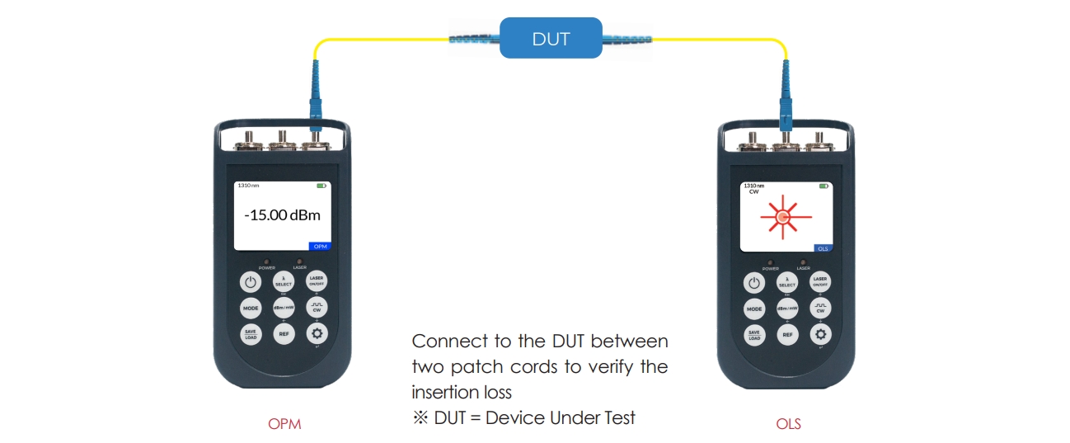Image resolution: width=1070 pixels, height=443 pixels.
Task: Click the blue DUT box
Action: [x=551, y=39]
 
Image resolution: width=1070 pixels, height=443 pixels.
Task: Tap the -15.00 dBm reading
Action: [x=282, y=215]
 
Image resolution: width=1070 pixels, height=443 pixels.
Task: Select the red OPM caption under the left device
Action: [x=284, y=425]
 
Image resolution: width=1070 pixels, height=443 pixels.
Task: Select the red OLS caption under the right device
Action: [x=788, y=425]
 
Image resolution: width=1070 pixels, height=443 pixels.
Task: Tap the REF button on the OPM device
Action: [x=284, y=335]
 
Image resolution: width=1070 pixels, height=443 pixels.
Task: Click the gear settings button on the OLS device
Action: [x=821, y=334]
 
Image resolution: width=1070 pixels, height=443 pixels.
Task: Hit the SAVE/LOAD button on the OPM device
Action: [x=250, y=335]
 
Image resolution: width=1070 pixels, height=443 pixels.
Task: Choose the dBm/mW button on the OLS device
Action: [x=787, y=309]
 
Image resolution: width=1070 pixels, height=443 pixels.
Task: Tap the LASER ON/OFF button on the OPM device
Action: [x=317, y=281]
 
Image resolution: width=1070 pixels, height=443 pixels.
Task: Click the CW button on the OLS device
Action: [x=821, y=308]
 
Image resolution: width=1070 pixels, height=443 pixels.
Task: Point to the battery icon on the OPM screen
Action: [x=321, y=186]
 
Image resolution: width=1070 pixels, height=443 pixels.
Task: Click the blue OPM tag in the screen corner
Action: [x=319, y=246]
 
